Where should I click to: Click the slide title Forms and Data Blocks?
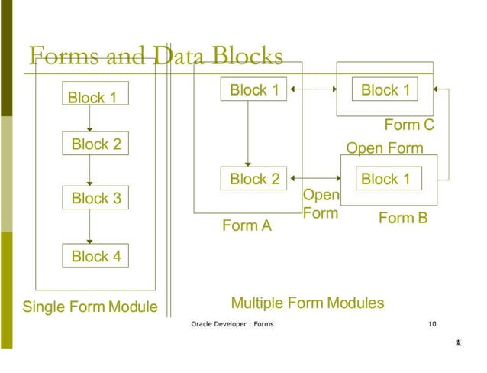point(156,56)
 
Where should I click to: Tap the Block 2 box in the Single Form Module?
point(96,144)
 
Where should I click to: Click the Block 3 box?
point(96,199)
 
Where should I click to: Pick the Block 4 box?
point(96,256)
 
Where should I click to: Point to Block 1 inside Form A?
point(255,90)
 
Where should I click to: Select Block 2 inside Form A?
point(255,180)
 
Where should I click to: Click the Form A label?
point(247,225)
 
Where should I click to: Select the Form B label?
point(403,219)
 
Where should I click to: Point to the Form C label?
point(409,125)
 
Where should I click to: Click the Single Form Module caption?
point(89,307)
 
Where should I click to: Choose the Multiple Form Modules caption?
point(308,303)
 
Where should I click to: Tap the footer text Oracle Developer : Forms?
point(232,324)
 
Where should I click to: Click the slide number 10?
point(432,324)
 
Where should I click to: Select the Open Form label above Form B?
point(385,148)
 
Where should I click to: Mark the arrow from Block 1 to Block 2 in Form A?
point(247,134)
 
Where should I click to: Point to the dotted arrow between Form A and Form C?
point(314,90)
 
